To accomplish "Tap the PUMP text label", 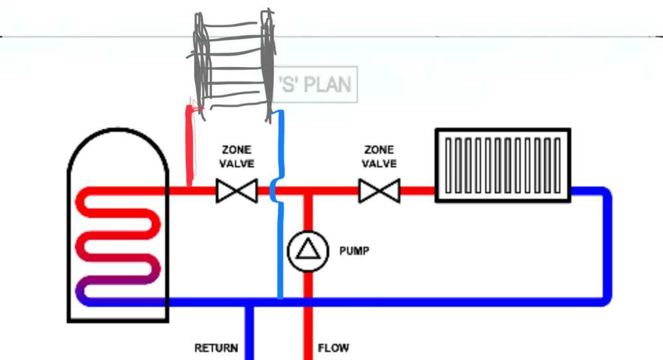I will coord(354,251).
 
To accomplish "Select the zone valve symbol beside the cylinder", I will coord(237,192).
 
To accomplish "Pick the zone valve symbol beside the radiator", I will coord(379,192).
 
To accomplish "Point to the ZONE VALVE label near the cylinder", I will coord(237,156).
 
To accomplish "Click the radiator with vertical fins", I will coord(503,166).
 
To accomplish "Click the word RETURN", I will coord(216,348).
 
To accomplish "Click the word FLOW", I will coord(333,348).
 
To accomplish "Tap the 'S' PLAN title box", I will coord(316,84).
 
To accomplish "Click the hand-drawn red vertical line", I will coord(191,146).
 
